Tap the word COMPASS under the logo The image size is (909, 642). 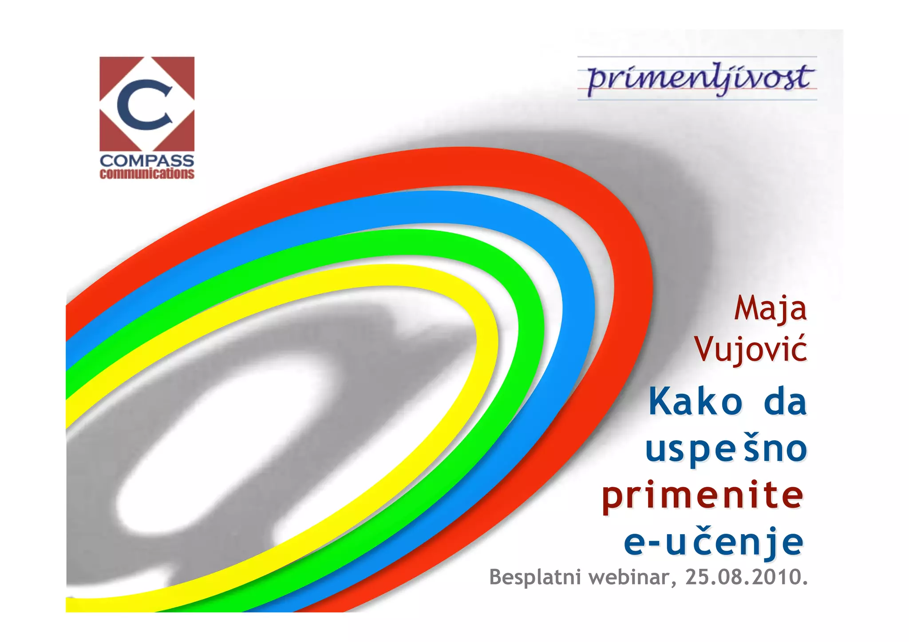pyautogui.click(x=147, y=161)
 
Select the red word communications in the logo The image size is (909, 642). pyautogui.click(x=147, y=173)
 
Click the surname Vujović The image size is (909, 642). pyautogui.click(x=751, y=349)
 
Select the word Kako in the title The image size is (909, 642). pyautogui.click(x=696, y=402)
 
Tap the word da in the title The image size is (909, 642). pyautogui.click(x=785, y=402)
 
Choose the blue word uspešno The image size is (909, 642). pyautogui.click(x=726, y=449)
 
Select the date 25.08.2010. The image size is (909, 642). pyautogui.click(x=747, y=577)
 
